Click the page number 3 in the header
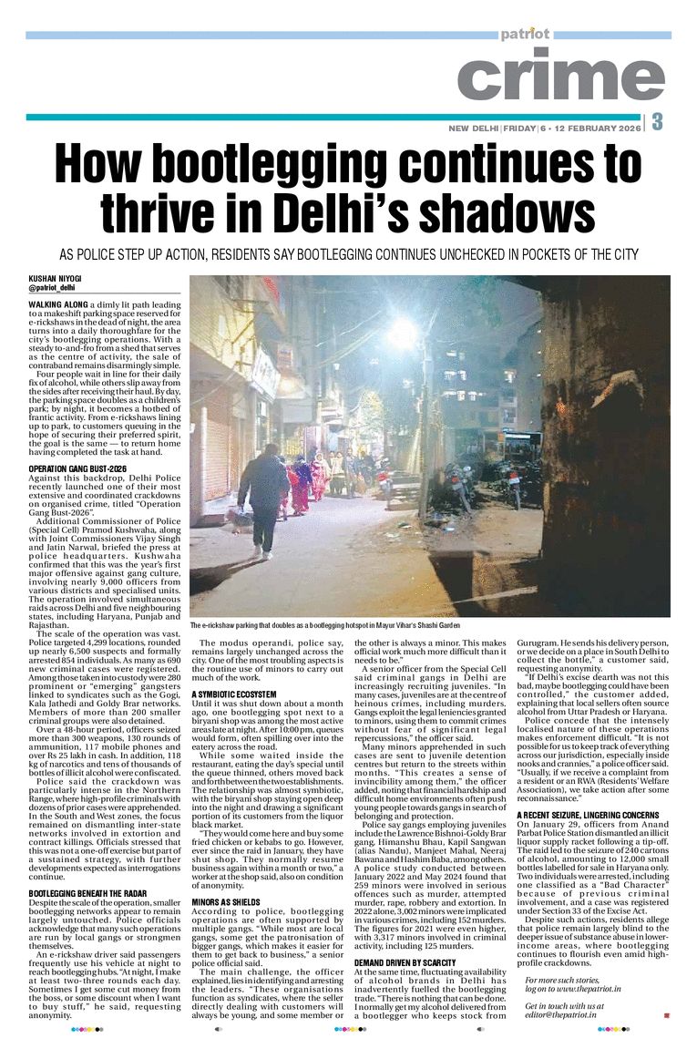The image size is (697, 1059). point(657,122)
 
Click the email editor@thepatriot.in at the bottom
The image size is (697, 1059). point(559,1015)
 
